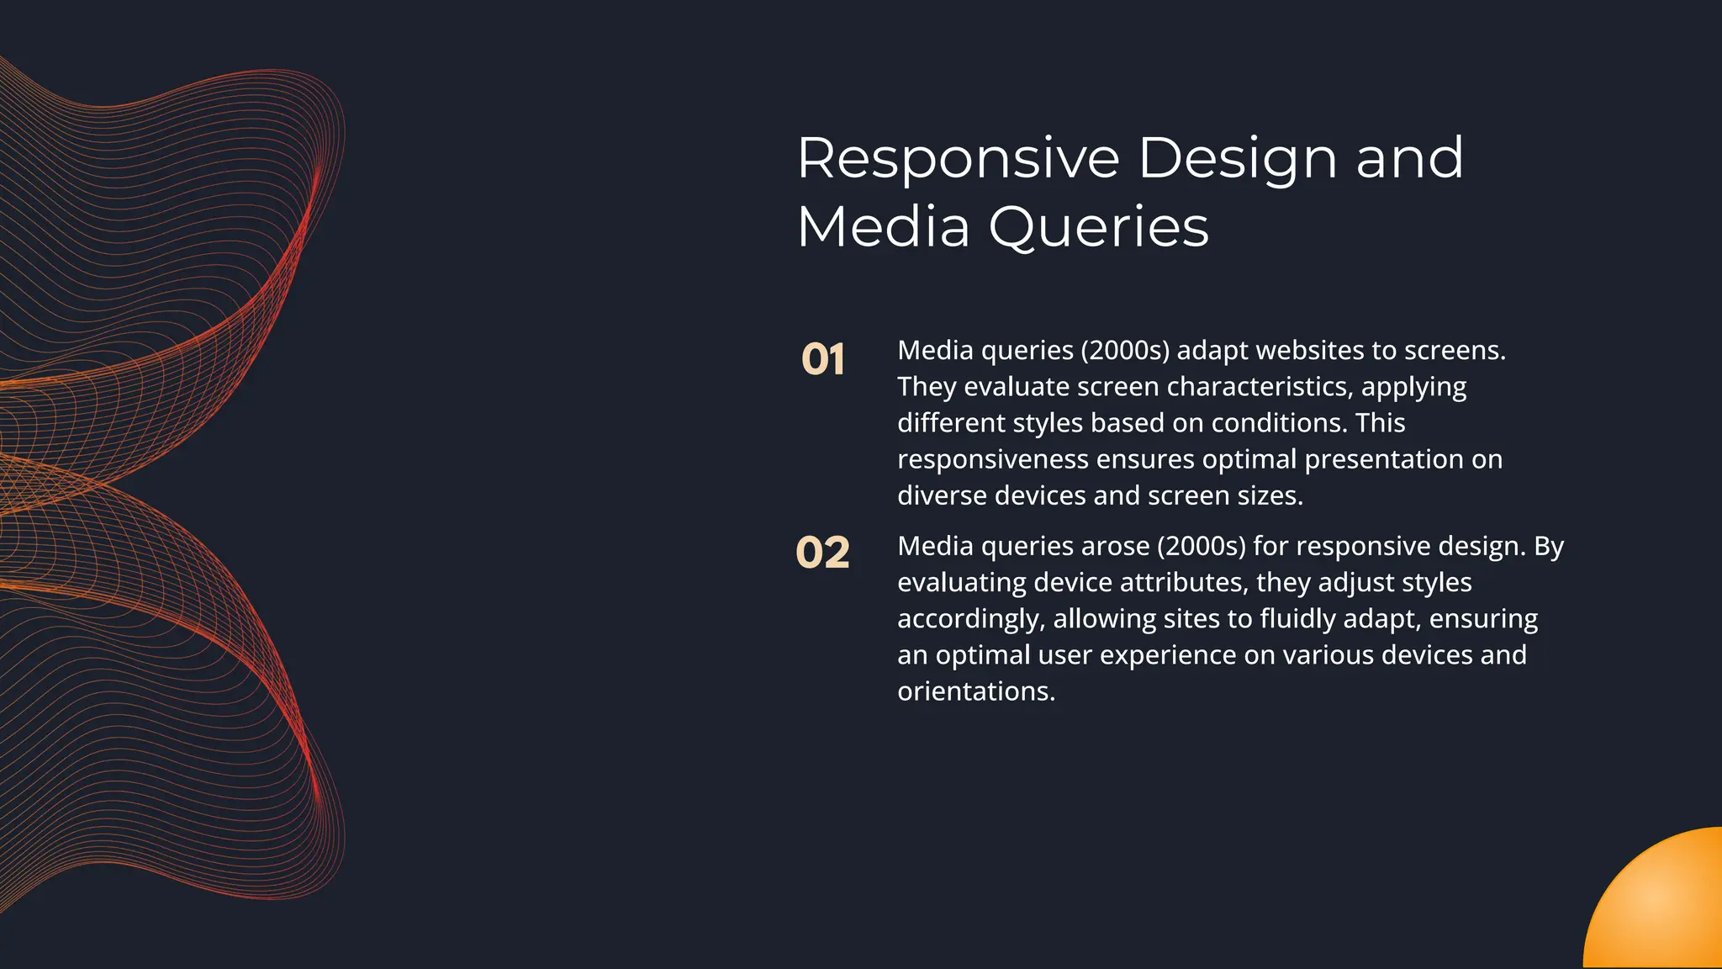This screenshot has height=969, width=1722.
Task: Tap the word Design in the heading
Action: pos(1237,160)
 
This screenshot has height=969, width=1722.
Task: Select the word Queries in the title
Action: pos(1098,229)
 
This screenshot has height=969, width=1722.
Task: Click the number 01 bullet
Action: pos(822,360)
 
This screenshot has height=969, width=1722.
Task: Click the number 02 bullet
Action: pos(822,553)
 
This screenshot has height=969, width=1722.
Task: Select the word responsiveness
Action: pos(993,460)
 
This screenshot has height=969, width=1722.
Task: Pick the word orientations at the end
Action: pos(975,691)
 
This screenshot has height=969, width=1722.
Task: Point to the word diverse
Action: pos(942,495)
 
